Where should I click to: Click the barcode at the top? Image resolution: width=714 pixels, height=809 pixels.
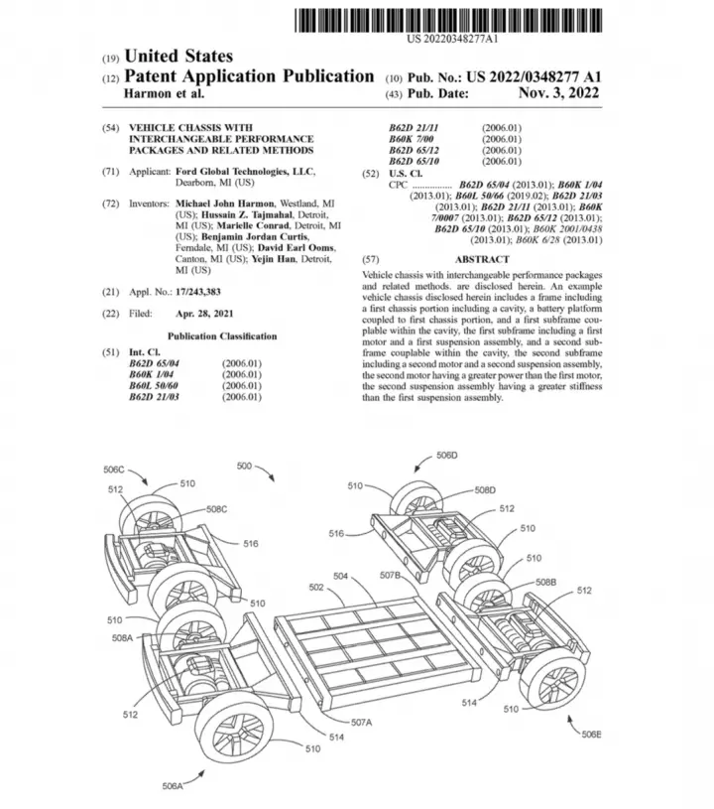[x=448, y=21]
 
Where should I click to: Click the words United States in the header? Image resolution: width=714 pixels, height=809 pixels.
[x=178, y=56]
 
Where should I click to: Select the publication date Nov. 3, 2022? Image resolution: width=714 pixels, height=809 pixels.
[x=559, y=93]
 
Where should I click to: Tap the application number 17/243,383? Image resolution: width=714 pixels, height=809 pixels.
[x=198, y=292]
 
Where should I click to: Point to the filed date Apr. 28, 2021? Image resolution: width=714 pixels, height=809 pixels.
[x=204, y=314]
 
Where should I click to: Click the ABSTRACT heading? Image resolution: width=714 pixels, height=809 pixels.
[x=482, y=259]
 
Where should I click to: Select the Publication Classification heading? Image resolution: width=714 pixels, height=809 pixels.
[x=222, y=337]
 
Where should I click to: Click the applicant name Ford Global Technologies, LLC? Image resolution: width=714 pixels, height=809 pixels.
[x=245, y=172]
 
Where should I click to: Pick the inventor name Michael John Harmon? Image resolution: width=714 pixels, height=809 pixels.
[x=225, y=203]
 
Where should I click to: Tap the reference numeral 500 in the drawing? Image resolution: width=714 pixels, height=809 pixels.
[x=244, y=466]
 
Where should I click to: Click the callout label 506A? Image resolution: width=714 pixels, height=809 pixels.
[x=173, y=786]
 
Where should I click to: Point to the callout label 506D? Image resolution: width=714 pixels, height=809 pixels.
[x=447, y=455]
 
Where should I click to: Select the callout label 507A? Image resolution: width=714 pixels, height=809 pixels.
[x=361, y=723]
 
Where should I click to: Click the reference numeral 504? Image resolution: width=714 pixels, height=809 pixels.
[x=341, y=576]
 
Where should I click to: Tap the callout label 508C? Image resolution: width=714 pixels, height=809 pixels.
[x=216, y=509]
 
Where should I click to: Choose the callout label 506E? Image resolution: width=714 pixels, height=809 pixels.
[x=591, y=735]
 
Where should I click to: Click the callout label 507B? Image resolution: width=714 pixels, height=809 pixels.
[x=391, y=575]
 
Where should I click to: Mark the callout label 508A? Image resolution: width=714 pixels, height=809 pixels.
[x=122, y=637]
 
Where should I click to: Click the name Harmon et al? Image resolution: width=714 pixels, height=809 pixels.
[x=165, y=93]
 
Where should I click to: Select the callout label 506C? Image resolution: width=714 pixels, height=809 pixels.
[x=114, y=470]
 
